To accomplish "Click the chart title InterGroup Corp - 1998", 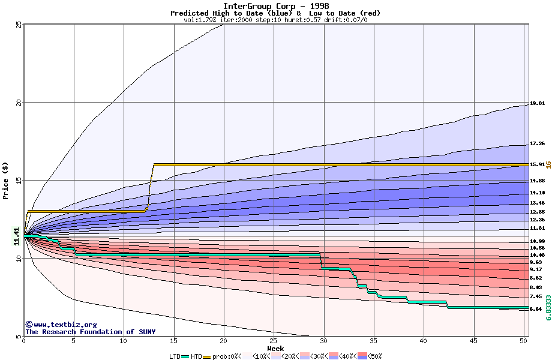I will point(275,6).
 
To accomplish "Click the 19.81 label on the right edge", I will point(537,104).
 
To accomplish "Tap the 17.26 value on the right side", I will point(537,144).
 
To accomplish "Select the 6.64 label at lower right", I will point(537,310).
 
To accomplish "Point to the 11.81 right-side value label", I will point(537,229).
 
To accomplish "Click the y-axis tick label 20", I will point(19,103).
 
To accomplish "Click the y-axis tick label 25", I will point(19,25).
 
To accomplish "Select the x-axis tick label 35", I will point(374,341).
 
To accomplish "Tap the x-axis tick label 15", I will point(173,341).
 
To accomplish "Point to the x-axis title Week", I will point(275,348).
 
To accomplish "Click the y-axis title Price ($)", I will point(6,180).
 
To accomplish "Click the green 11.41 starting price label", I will point(17,236).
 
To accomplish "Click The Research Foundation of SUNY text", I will point(90,332).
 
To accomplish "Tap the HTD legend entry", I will point(196,356).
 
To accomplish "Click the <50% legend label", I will point(374,356).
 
